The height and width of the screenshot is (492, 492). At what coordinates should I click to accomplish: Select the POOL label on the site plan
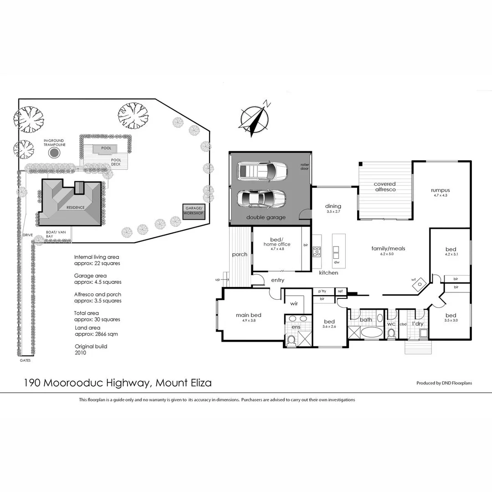pos(106,148)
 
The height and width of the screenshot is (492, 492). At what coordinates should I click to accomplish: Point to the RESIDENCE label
pos(75,207)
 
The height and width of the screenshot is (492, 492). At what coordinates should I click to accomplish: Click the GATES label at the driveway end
pos(26,360)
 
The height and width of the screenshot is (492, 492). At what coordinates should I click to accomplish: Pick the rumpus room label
pos(441,190)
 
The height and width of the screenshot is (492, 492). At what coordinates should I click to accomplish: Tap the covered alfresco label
pos(385,187)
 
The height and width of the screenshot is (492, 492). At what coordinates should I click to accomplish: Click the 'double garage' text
pos(266,217)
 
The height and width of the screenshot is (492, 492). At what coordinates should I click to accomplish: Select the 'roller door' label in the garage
pos(305,166)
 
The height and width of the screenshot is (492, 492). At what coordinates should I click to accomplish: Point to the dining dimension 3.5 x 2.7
pos(333,212)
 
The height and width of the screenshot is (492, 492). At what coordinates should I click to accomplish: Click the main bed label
pos(248,315)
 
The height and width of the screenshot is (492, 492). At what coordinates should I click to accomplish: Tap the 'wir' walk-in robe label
pos(294,302)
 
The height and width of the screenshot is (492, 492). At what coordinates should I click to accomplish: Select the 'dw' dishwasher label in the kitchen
pos(337,262)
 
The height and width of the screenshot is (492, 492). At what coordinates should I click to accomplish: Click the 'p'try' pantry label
pos(322,291)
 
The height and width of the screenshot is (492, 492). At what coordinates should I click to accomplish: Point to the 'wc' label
pos(391,324)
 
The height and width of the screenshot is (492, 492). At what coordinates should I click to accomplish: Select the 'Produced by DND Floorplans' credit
pos(444,383)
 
